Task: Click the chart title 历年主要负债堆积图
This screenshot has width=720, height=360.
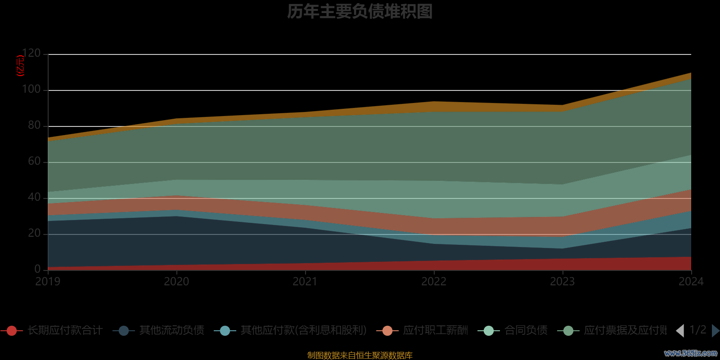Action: [x=360, y=12]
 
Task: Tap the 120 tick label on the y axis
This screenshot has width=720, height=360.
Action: [x=31, y=54]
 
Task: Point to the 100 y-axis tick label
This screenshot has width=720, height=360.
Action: [x=31, y=90]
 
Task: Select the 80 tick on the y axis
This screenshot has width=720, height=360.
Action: [x=34, y=126]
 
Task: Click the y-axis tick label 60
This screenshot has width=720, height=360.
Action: [x=34, y=162]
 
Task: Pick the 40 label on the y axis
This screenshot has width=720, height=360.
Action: [x=34, y=198]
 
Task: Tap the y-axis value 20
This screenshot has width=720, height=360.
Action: [x=34, y=234]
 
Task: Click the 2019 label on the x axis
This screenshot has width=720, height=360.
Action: [x=48, y=282]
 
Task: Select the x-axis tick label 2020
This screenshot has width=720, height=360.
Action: [x=176, y=282]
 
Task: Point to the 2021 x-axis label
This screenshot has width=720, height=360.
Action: [x=305, y=282]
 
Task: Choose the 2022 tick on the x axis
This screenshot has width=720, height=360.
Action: [x=434, y=282]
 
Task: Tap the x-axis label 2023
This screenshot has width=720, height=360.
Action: [x=562, y=282]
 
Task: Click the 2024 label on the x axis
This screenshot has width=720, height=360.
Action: [x=691, y=282]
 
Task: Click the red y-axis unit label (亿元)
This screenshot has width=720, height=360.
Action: [x=20, y=66]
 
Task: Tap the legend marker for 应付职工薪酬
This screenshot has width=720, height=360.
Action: [x=387, y=331]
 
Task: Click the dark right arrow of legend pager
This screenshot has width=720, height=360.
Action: [x=715, y=331]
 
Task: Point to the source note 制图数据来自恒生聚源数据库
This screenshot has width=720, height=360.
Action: [x=360, y=355]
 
